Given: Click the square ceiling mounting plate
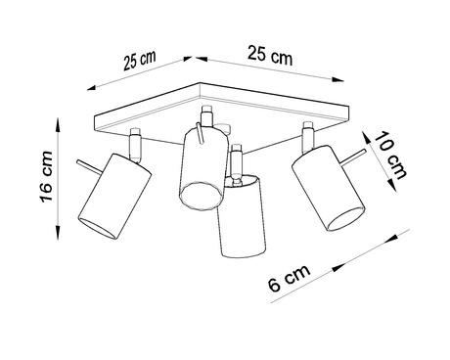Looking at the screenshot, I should coord(225,115).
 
